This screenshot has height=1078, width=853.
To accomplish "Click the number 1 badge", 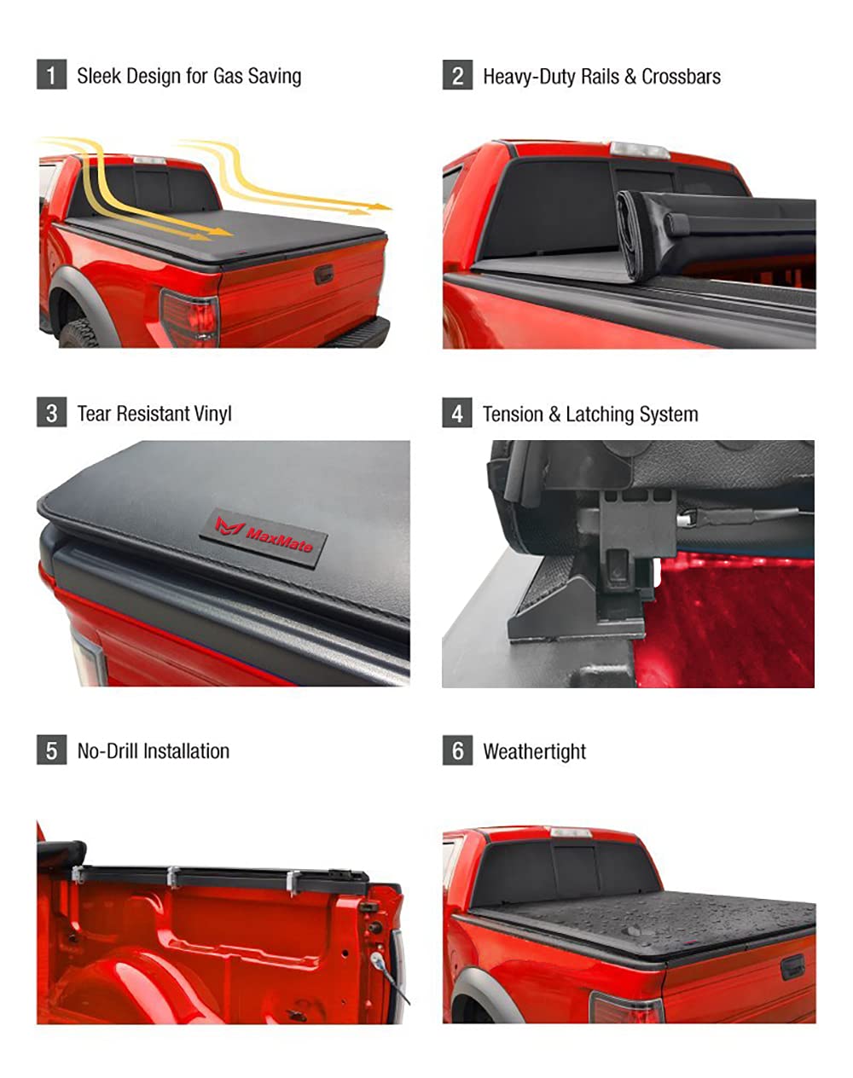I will [51, 75].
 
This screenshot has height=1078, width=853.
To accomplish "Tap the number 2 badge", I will [457, 75].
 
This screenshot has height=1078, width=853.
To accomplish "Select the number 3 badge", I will [51, 413].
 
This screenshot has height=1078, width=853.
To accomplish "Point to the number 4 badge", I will [457, 414].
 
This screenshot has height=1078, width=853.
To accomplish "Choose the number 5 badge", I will [51, 751].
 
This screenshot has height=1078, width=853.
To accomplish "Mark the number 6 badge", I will [457, 751].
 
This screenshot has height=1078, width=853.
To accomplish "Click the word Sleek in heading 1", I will [98, 76].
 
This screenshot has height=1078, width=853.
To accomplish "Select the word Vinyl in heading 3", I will [212, 414].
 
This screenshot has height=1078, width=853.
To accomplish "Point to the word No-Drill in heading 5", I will [107, 751].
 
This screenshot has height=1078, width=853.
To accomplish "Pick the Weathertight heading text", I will [534, 751].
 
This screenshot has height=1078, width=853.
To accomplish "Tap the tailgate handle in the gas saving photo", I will [323, 274].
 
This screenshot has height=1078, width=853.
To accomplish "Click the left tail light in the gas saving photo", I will [189, 317].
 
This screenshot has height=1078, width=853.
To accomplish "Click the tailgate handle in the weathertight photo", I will [792, 966].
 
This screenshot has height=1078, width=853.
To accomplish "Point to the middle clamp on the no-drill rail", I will [173, 878].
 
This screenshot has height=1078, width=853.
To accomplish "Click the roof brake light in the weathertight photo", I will [570, 832].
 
